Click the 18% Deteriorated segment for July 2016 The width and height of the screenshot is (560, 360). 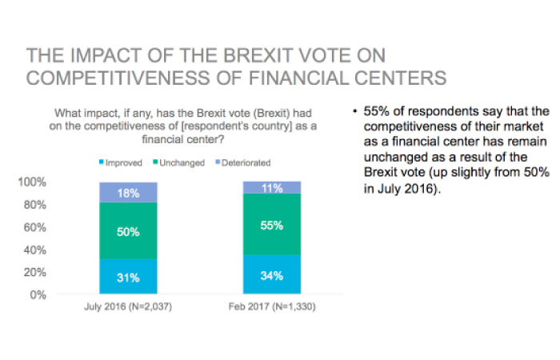[128, 193]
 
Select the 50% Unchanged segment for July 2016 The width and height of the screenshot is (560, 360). [128, 230]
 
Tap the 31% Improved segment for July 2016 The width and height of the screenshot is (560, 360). [128, 277]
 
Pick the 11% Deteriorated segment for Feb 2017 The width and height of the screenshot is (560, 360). [272, 187]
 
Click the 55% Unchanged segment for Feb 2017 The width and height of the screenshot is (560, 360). [272, 224]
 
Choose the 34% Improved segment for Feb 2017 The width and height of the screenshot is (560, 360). [272, 274]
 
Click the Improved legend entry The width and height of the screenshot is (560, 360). [121, 163]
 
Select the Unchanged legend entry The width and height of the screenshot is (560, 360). [179, 163]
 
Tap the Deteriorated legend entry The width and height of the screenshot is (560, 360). [243, 163]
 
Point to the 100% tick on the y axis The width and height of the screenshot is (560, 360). [32, 182]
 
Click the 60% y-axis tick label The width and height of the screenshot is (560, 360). [35, 227]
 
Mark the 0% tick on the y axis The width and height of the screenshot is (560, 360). [38, 295]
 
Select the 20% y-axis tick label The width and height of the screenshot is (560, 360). [35, 273]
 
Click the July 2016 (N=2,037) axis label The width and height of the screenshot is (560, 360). [128, 306]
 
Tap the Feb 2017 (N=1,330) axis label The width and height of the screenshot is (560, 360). [272, 306]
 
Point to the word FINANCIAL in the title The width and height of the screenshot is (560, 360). [298, 78]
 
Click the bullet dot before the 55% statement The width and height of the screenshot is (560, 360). [354, 111]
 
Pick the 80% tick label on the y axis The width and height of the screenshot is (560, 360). [35, 205]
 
